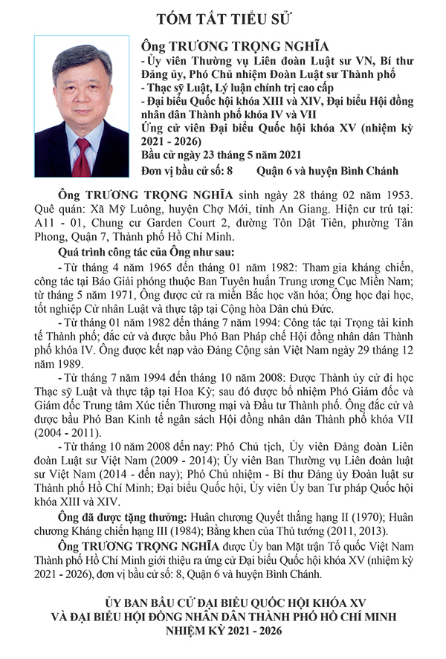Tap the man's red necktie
tap(81, 157)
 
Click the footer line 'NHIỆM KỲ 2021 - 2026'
tap(223, 631)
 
